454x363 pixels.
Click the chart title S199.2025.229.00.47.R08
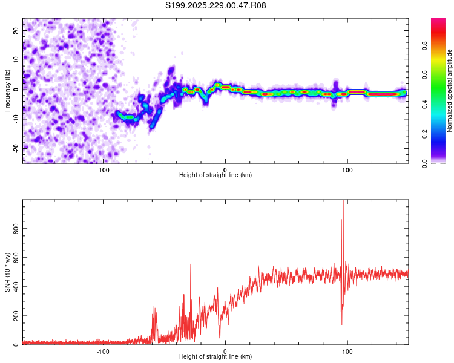(x=216, y=6)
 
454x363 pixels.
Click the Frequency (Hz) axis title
(x=7, y=91)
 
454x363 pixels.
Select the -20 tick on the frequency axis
(x=15, y=148)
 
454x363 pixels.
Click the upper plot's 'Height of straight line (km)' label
(x=215, y=175)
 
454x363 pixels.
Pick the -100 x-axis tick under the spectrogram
(x=103, y=169)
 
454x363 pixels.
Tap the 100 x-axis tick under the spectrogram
(x=347, y=169)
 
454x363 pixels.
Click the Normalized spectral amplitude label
(x=450, y=91)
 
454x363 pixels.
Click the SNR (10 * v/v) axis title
(x=7, y=272)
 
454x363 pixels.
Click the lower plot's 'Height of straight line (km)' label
(x=215, y=356)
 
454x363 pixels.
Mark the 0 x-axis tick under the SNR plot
(x=225, y=351)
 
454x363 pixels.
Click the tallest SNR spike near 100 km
(x=344, y=203)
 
